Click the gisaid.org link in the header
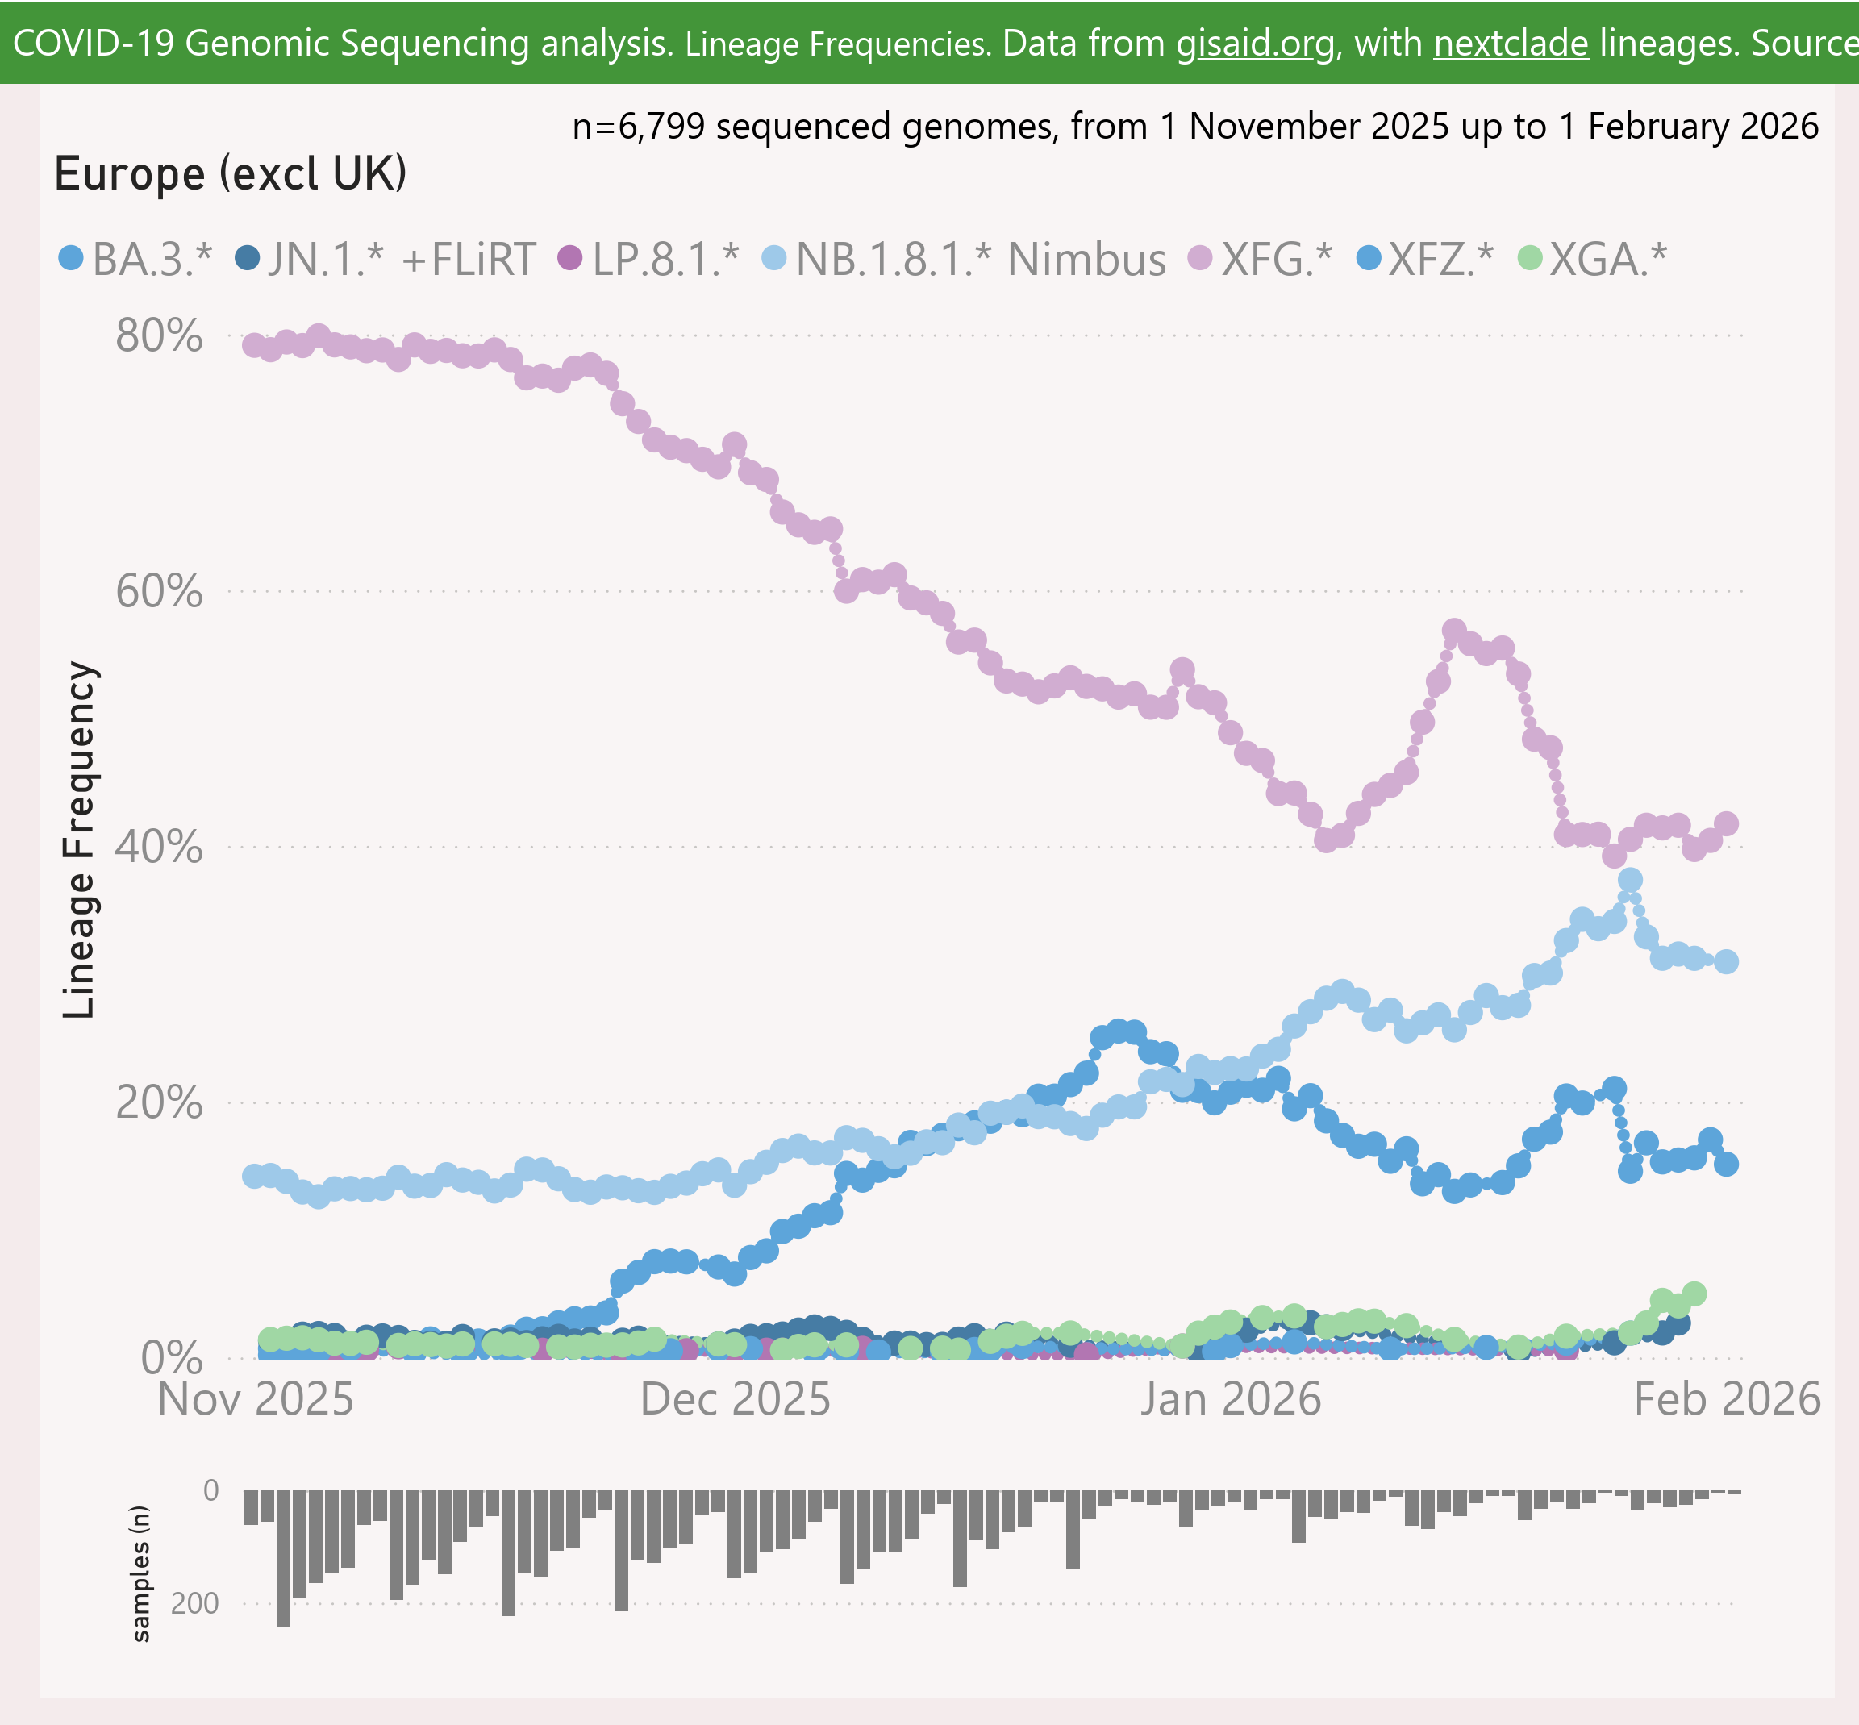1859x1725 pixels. point(1255,44)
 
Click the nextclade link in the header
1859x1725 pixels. point(1511,44)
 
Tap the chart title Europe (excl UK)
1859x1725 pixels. point(230,173)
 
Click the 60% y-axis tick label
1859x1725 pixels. point(159,591)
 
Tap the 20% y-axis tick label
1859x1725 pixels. point(159,1102)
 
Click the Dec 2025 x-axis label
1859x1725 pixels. point(735,1399)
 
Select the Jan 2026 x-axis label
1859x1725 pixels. point(1231,1399)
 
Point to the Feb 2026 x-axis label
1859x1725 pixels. point(1728,1399)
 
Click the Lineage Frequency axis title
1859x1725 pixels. point(79,840)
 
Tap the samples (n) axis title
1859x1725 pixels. point(140,1573)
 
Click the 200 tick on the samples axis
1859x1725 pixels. point(195,1604)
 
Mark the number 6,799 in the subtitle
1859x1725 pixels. point(661,126)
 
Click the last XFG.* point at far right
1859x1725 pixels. point(1727,823)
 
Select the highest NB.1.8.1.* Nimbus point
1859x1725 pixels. point(1630,879)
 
